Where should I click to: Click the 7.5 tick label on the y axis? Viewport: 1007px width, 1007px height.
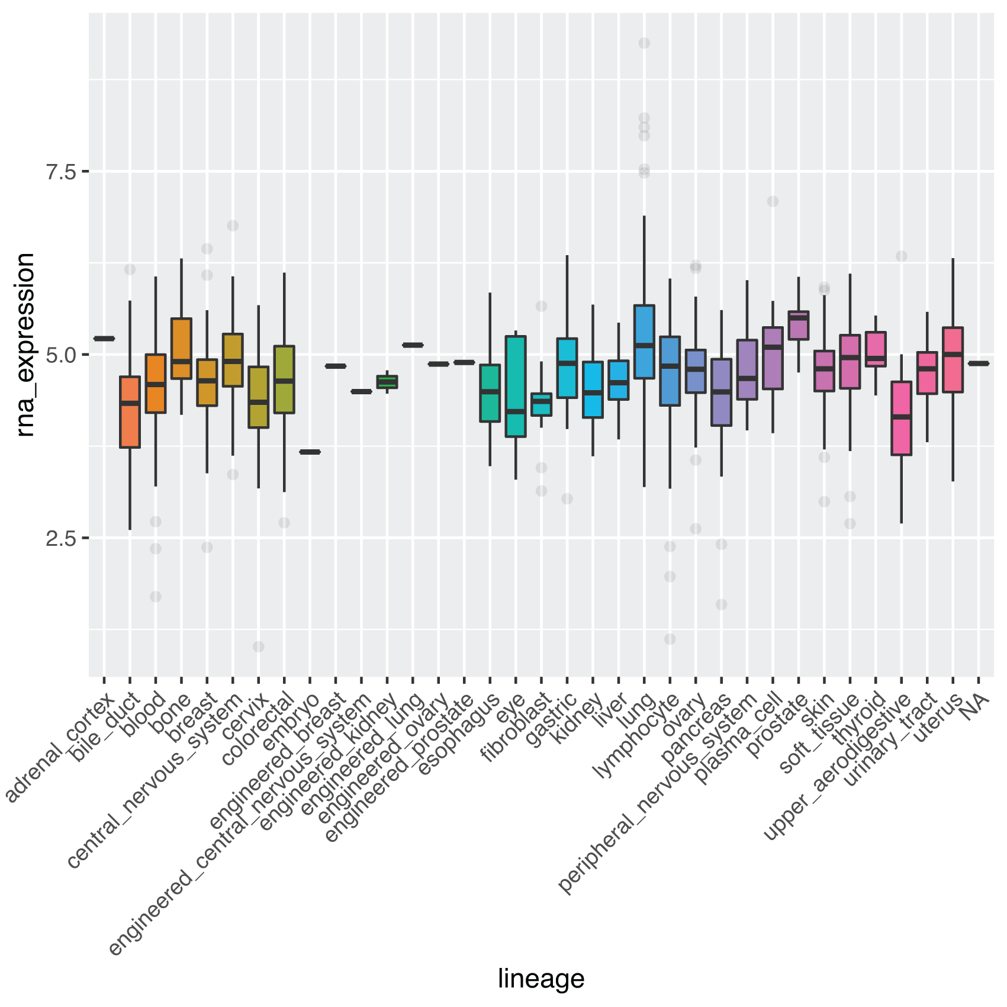(x=61, y=172)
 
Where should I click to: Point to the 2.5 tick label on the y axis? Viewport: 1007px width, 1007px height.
(x=61, y=539)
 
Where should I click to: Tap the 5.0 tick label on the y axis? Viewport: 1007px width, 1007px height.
(x=61, y=356)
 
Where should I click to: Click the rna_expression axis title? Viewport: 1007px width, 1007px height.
(x=25, y=345)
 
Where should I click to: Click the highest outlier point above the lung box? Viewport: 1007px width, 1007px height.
(x=644, y=43)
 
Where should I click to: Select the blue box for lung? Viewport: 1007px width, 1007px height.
(x=644, y=342)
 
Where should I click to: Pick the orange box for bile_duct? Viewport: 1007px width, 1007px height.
(x=130, y=412)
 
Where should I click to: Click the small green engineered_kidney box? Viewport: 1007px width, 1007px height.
(x=387, y=382)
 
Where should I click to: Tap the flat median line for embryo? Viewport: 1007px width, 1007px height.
(x=310, y=452)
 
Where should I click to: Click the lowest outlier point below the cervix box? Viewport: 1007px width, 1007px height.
(x=259, y=646)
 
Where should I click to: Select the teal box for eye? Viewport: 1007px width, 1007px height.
(x=516, y=387)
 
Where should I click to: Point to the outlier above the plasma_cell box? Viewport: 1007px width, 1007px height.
(x=773, y=201)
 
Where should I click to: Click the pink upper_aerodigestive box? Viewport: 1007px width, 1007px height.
(x=901, y=419)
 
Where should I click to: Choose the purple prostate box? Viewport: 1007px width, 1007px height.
(x=799, y=326)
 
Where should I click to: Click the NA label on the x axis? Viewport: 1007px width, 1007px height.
(x=975, y=708)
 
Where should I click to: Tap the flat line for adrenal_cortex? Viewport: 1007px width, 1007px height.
(x=104, y=339)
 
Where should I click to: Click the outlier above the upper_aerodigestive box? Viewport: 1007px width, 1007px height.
(x=901, y=256)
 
